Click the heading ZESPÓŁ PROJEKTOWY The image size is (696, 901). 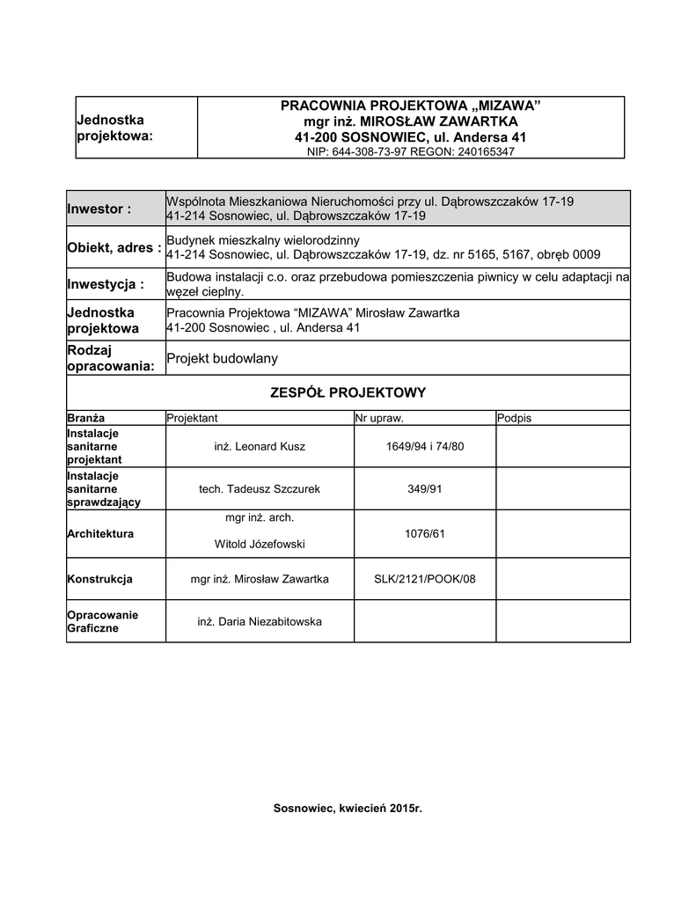pyautogui.click(x=348, y=392)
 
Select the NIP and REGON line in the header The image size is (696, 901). pyautogui.click(x=411, y=151)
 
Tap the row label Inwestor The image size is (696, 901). pyautogui.click(x=99, y=209)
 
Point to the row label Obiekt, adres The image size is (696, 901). pyautogui.click(x=114, y=248)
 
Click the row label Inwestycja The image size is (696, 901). pyautogui.click(x=105, y=284)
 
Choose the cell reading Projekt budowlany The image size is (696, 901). pyautogui.click(x=222, y=358)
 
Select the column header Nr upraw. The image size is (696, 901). pyautogui.click(x=379, y=418)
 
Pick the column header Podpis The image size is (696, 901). pyautogui.click(x=515, y=418)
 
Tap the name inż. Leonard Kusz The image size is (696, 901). pyautogui.click(x=260, y=447)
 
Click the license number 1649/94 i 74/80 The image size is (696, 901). pyautogui.click(x=425, y=447)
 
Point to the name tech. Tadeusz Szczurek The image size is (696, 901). pyautogui.click(x=260, y=488)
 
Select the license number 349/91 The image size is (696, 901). pyautogui.click(x=425, y=488)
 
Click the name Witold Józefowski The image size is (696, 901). pyautogui.click(x=260, y=545)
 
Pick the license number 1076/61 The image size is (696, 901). pyautogui.click(x=425, y=533)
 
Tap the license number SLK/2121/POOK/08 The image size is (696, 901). pyautogui.click(x=425, y=579)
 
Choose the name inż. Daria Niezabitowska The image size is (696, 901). pyautogui.click(x=260, y=621)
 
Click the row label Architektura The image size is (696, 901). pyautogui.click(x=100, y=533)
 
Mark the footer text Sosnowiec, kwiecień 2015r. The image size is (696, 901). pyautogui.click(x=348, y=808)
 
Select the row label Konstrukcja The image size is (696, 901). pyautogui.click(x=99, y=579)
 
